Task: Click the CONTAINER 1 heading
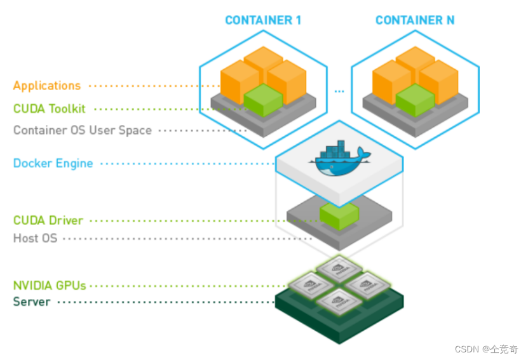(x=263, y=20)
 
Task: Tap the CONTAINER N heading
(x=414, y=20)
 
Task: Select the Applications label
(x=47, y=86)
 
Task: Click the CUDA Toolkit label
(x=50, y=109)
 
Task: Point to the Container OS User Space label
(x=83, y=130)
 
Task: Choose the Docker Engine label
(x=53, y=163)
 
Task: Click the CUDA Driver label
(x=48, y=220)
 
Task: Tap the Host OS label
(x=36, y=239)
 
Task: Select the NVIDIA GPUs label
(x=50, y=286)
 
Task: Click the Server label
(x=32, y=302)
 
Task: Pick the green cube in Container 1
(x=263, y=100)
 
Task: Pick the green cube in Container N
(x=415, y=100)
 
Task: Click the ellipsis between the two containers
(x=339, y=92)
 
